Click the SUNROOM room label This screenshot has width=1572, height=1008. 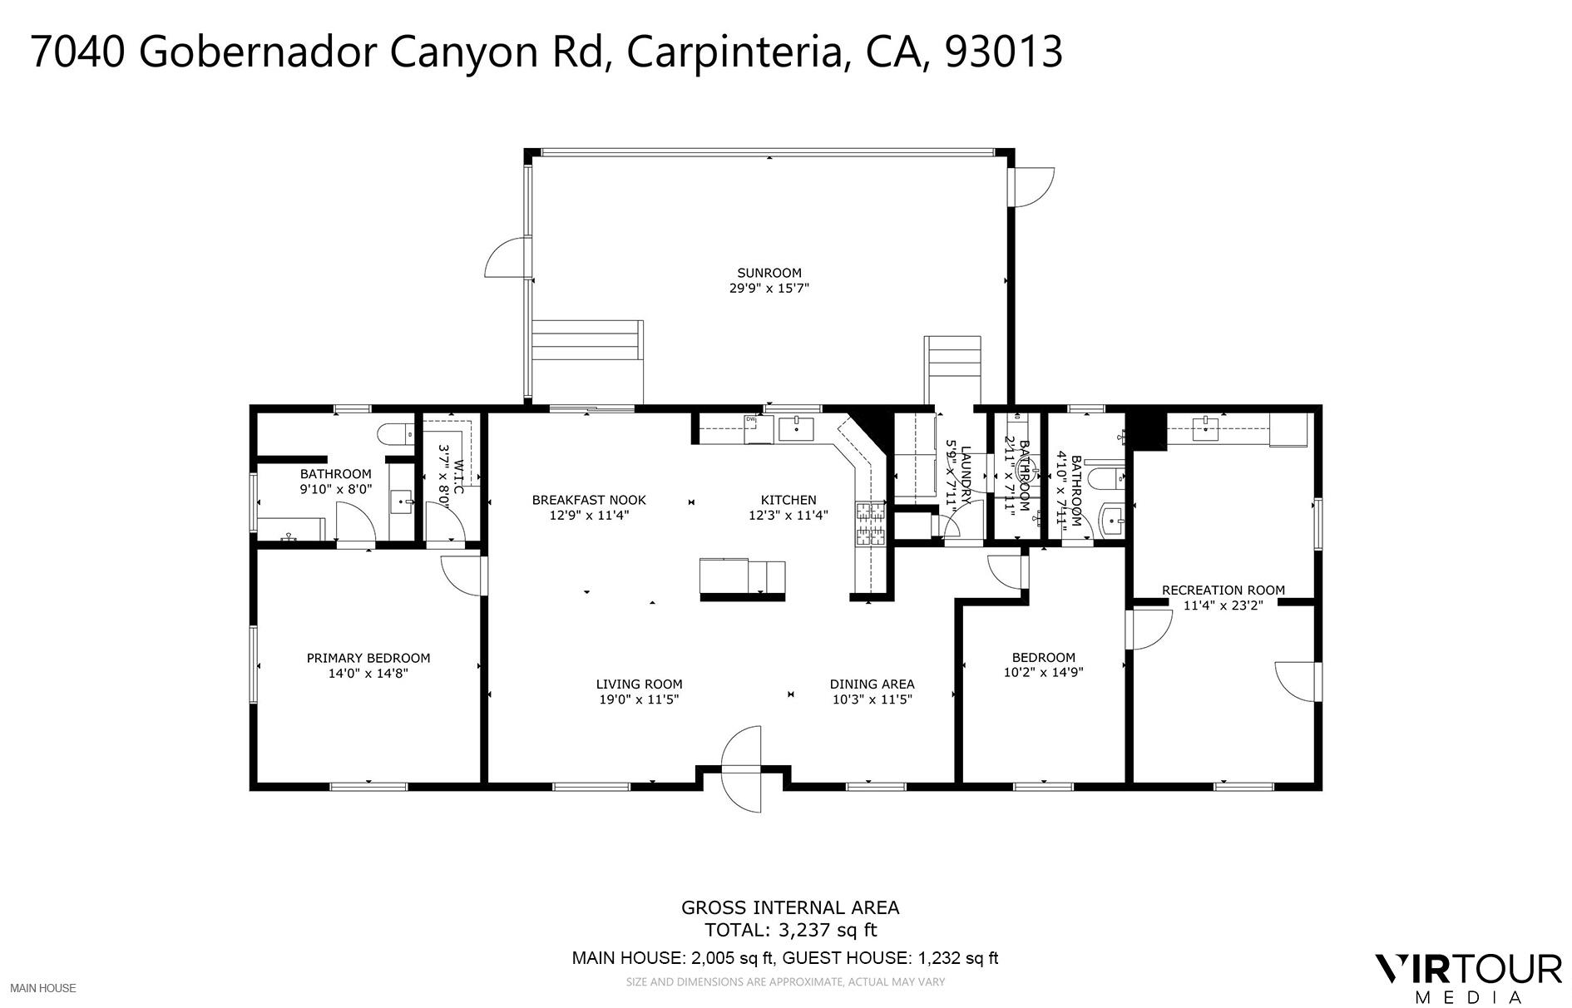coord(769,273)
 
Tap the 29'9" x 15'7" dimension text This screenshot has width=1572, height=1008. coord(769,289)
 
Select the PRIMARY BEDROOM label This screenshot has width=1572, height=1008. coord(368,658)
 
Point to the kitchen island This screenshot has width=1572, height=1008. coord(742,578)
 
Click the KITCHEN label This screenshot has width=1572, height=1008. coord(788,500)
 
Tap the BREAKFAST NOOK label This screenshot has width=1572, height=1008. coord(589,500)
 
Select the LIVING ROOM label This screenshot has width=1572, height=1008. coord(639,684)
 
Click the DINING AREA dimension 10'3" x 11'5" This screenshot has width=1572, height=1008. coord(873,699)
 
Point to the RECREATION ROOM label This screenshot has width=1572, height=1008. coord(1223,590)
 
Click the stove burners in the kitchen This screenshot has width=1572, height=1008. coord(870,525)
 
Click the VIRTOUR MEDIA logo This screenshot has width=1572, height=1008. coord(1467,977)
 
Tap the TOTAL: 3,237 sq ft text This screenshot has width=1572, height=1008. coord(790,930)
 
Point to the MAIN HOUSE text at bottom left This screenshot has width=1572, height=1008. coord(43,988)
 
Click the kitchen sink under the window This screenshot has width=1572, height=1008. coord(796,430)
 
